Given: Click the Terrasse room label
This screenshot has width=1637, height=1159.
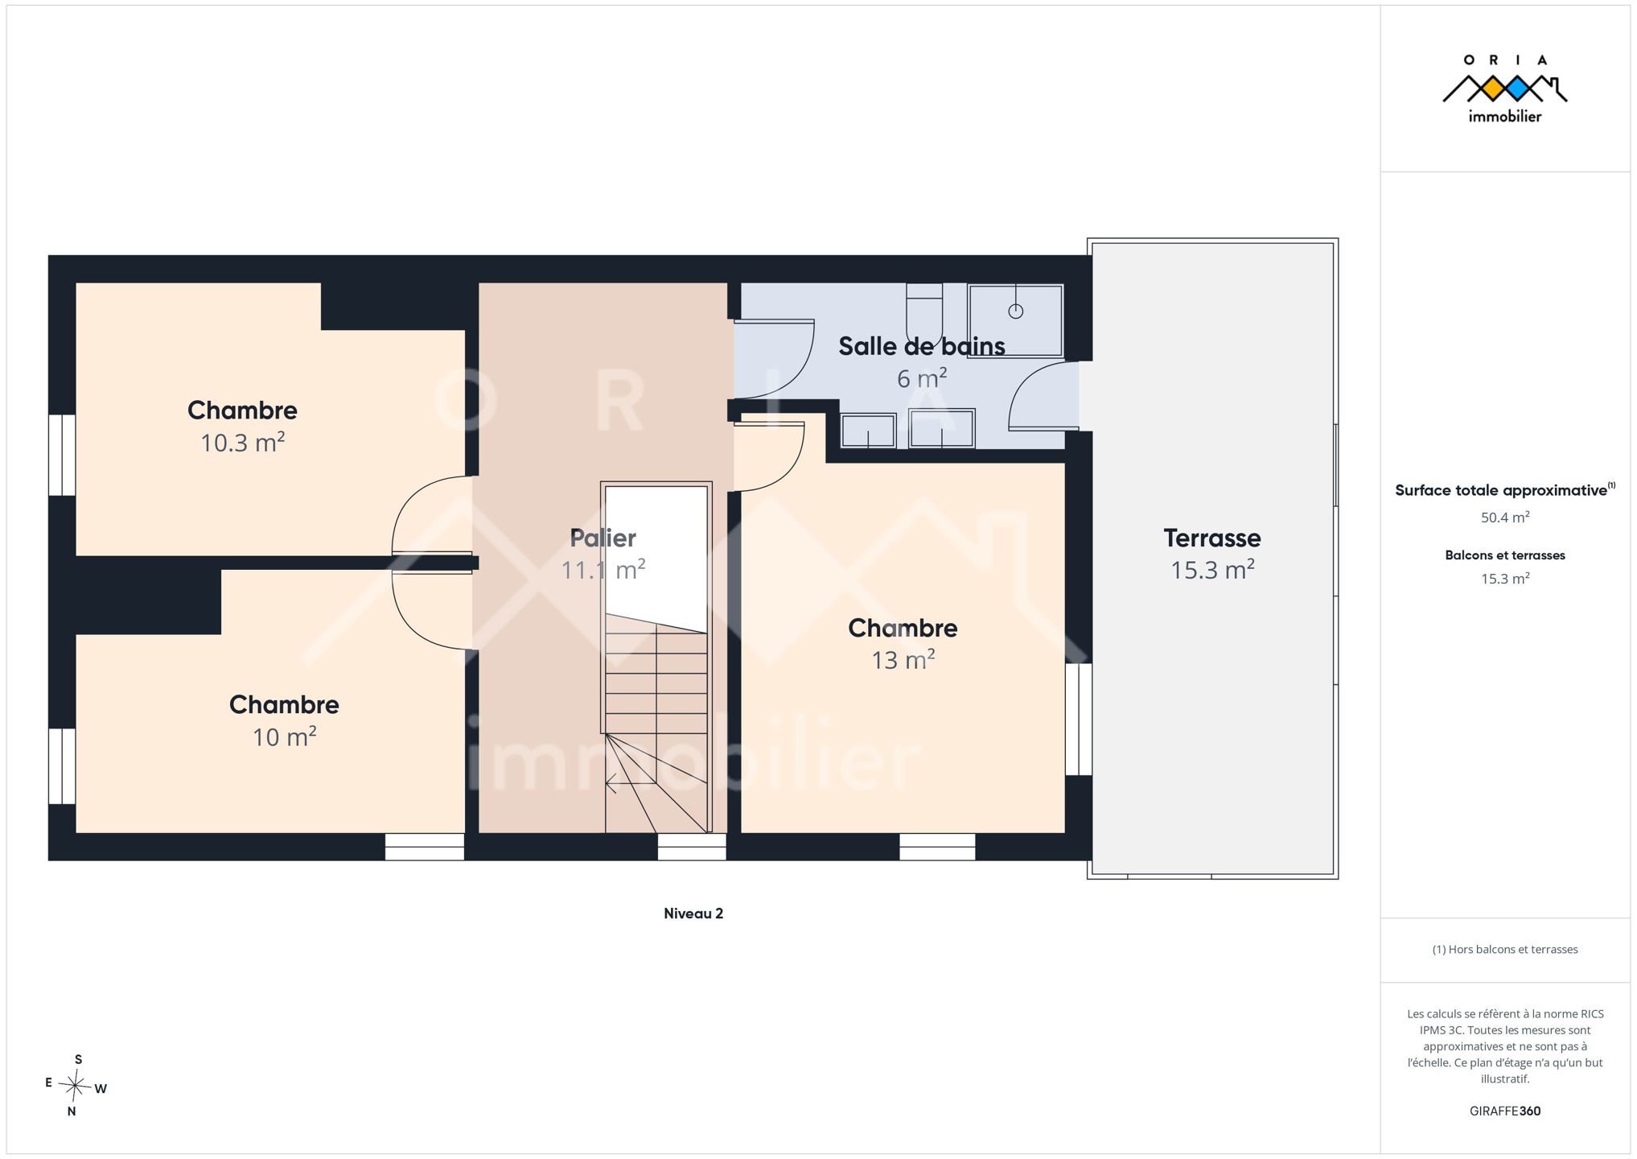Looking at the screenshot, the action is tap(1211, 538).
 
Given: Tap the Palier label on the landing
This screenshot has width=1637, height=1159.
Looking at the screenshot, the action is tap(603, 538).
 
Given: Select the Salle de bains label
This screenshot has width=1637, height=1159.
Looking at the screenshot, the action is tap(921, 346).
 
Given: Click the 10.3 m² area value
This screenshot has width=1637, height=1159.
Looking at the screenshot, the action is tap(242, 442).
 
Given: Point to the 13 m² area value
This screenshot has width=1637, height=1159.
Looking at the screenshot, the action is tap(903, 659).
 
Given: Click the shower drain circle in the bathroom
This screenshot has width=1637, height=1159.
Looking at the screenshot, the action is tap(1016, 311).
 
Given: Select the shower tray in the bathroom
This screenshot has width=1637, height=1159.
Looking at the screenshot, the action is tap(1015, 320).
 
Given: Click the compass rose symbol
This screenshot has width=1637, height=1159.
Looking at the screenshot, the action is tap(75, 1086).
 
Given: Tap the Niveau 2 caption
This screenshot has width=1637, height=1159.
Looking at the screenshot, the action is tap(693, 914).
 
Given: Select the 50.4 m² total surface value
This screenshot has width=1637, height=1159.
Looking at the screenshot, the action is tap(1505, 518).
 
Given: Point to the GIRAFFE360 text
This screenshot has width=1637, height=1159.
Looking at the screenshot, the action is tap(1505, 1111).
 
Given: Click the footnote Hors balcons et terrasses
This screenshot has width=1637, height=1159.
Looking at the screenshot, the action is tap(1505, 950).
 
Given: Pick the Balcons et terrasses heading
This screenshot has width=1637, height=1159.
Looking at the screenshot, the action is tap(1505, 555).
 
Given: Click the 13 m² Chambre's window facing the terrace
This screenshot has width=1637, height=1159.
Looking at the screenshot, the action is tap(1079, 719).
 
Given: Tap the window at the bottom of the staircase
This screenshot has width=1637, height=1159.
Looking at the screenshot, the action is tap(692, 847).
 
